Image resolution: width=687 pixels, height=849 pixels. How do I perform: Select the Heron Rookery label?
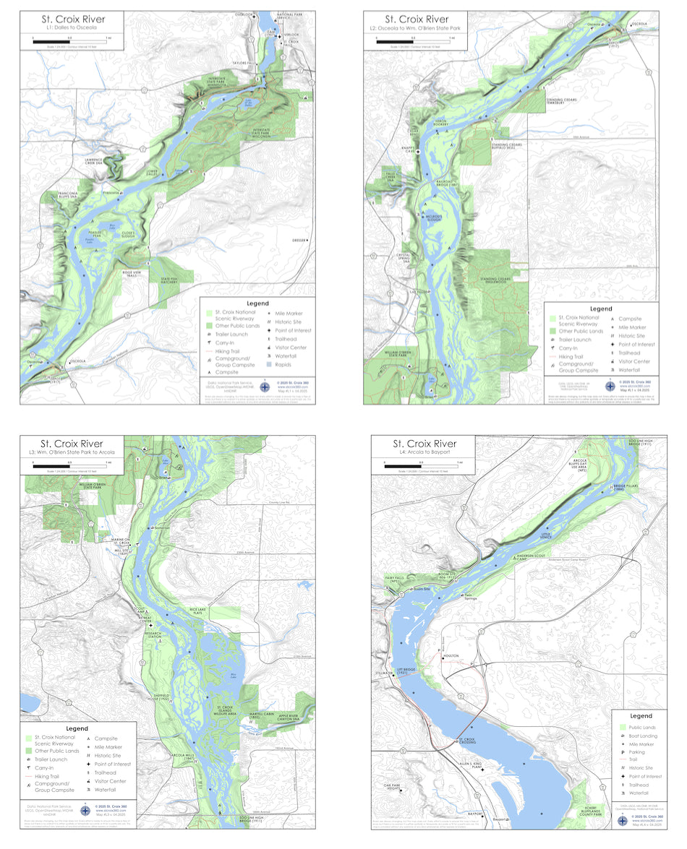tap(442, 124)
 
